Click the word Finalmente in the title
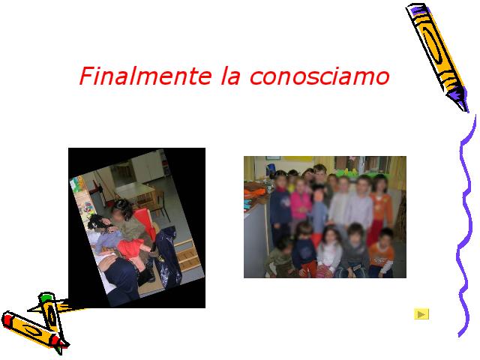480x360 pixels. [145, 76]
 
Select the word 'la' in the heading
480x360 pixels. [230, 76]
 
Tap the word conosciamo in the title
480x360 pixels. [319, 76]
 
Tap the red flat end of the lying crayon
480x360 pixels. [7, 320]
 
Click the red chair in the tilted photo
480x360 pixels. [145, 221]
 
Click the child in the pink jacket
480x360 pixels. [300, 202]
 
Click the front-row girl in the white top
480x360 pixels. [328, 252]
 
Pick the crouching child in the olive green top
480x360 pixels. [280, 258]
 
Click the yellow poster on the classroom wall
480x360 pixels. [298, 158]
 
